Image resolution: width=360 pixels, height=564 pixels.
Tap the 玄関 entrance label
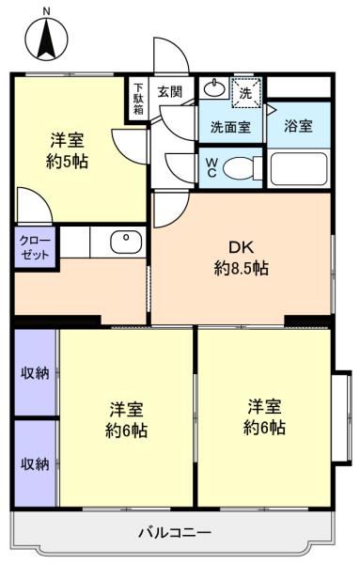170,92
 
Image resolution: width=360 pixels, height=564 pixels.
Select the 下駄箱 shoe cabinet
138,99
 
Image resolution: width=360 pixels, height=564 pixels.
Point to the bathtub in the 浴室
299,168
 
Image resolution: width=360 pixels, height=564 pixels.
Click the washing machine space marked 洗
246,92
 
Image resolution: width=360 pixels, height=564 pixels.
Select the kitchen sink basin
126,242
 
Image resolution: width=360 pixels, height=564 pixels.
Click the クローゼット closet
35,246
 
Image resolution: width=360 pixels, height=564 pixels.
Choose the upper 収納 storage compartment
35,372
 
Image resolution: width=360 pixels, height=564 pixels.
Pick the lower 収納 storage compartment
35,463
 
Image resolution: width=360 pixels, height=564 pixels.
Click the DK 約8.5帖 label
241,258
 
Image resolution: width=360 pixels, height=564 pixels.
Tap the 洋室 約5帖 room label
68,151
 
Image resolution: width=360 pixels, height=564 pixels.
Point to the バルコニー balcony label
175,532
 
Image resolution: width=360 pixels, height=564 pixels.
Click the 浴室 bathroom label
298,126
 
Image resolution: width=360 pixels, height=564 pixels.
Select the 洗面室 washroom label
230,127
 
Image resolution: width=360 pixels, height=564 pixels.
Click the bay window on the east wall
341,417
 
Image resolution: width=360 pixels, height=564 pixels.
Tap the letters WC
211,167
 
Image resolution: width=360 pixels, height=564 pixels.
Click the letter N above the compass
47,12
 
